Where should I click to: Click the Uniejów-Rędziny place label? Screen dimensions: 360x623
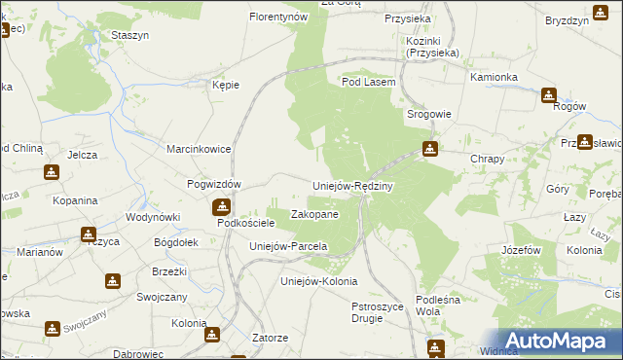351,186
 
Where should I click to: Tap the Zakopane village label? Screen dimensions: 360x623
315,214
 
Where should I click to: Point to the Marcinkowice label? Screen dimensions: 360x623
197,149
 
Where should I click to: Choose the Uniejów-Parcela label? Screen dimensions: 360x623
288,246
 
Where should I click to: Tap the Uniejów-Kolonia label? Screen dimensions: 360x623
313,282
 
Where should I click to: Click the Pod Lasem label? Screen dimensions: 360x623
368,83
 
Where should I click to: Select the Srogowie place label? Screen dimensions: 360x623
428,114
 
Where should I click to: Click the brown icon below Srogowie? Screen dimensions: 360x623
429,149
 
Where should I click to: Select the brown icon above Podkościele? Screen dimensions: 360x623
222,206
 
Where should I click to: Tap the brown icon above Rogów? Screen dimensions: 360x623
548,94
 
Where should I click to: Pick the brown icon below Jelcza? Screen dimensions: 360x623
52,172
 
